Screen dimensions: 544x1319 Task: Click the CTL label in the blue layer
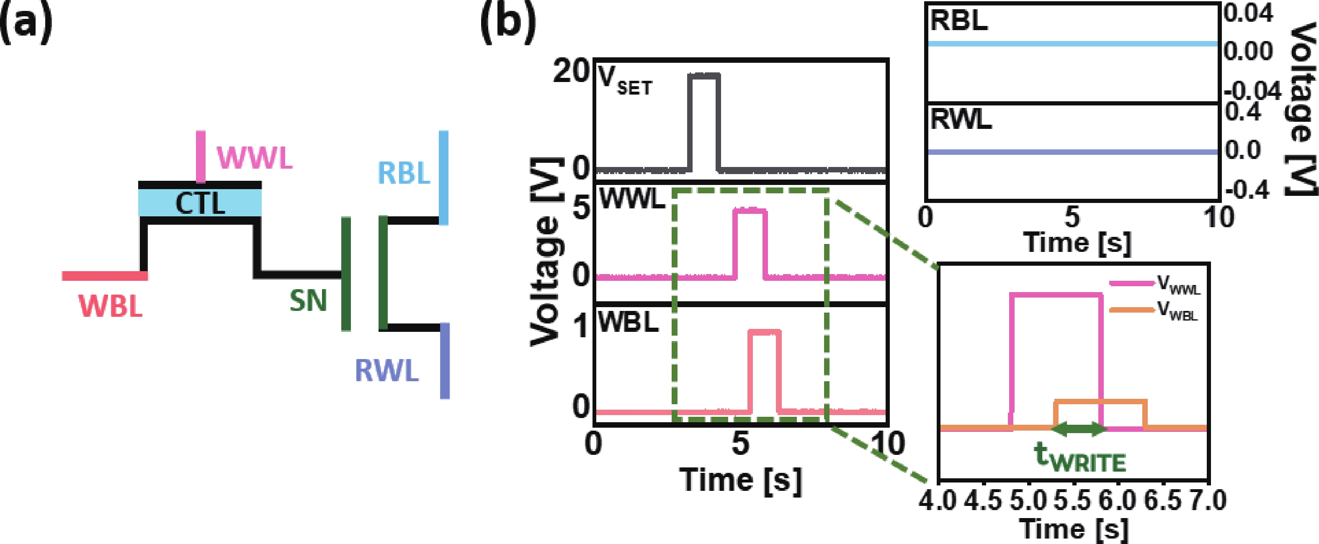point(200,203)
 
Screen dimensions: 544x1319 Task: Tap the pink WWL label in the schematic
point(255,158)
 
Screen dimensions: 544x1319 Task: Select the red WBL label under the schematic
point(110,307)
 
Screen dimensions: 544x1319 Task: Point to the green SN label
point(308,300)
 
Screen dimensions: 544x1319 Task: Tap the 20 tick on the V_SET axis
point(570,72)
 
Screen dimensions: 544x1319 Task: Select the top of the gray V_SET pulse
point(703,75)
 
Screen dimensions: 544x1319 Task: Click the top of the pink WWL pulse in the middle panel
point(750,210)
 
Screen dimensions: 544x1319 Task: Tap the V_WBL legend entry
point(1154,310)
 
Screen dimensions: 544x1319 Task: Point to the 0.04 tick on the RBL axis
point(1248,14)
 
